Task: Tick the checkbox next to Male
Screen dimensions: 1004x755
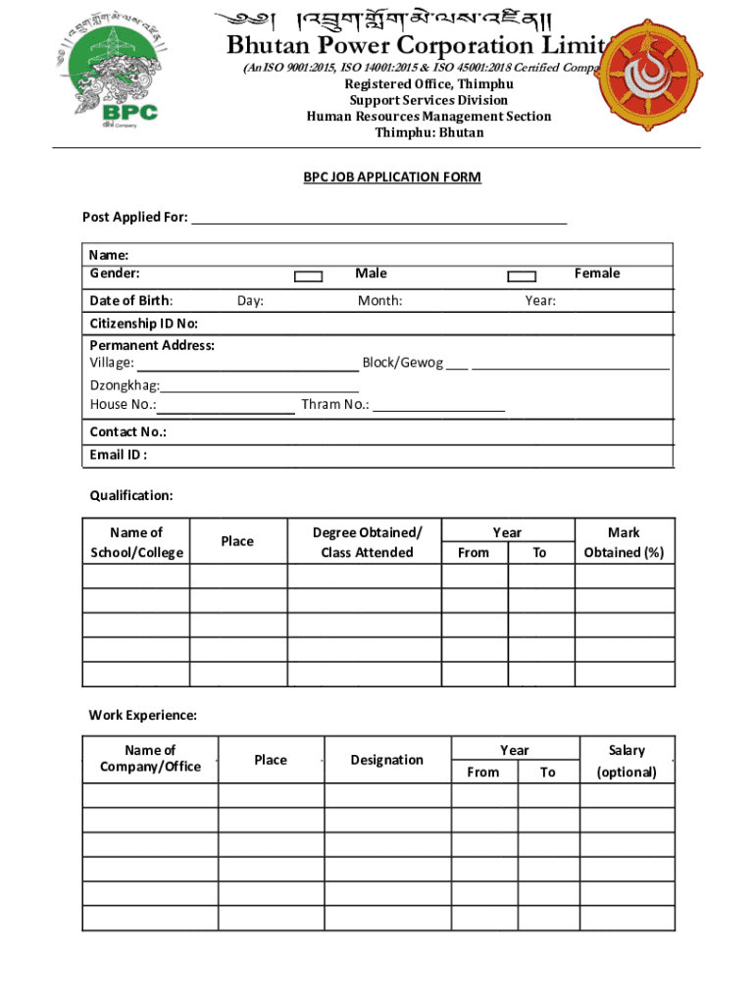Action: coord(309,276)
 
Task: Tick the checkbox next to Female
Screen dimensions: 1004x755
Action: coord(522,276)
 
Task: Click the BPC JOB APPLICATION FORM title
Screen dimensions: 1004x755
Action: coord(392,177)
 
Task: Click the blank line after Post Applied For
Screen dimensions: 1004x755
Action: coord(378,218)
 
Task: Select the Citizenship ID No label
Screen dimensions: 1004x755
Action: coord(144,324)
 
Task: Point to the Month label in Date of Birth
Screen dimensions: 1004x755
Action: coord(379,301)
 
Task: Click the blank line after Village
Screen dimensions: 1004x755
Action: coord(248,364)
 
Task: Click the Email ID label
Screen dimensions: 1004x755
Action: coord(119,455)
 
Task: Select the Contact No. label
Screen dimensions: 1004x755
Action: coord(127,432)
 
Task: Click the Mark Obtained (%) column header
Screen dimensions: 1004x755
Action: coord(624,542)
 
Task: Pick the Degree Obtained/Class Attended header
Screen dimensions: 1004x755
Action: coord(367,542)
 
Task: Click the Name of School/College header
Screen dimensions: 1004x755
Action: coord(136,542)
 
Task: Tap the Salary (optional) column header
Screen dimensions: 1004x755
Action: coord(627,761)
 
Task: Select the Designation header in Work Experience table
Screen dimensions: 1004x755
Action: coord(387,760)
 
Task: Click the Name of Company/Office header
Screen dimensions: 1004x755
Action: coord(150,758)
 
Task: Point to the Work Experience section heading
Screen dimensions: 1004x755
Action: coord(143,716)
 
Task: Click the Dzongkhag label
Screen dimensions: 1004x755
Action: coord(125,386)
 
